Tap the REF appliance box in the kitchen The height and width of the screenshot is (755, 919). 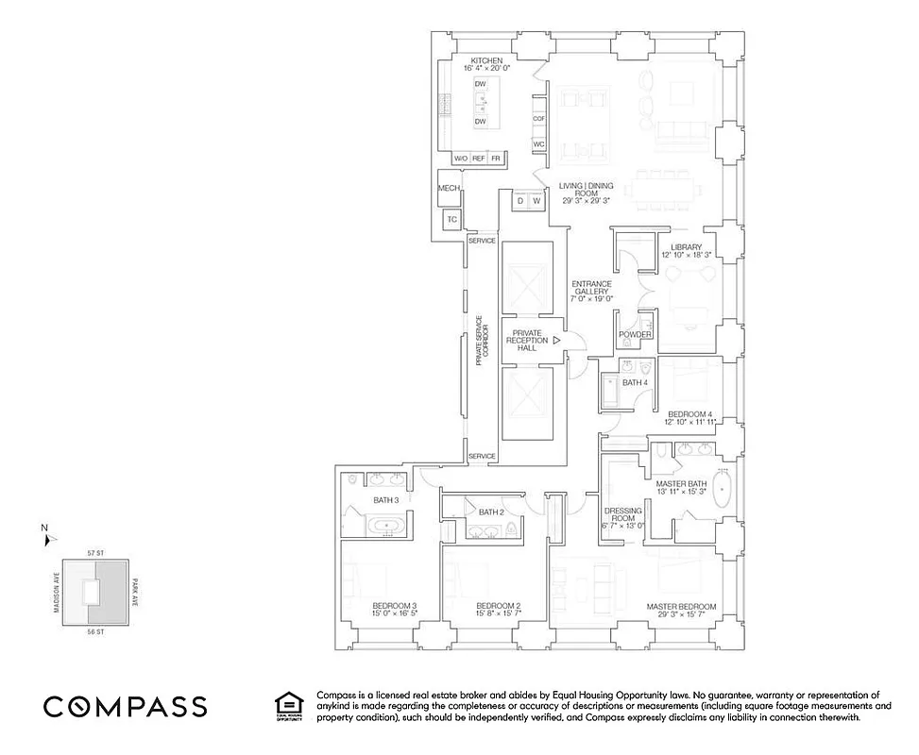pyautogui.click(x=478, y=159)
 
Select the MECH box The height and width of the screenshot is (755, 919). pyautogui.click(x=449, y=189)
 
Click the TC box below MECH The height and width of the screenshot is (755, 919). pyautogui.click(x=451, y=220)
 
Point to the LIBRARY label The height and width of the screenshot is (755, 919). pyautogui.click(x=681, y=247)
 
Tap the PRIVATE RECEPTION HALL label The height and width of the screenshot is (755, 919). pyautogui.click(x=527, y=341)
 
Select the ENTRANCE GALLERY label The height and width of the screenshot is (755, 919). pyautogui.click(x=591, y=290)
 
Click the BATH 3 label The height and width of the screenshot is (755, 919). pyautogui.click(x=385, y=500)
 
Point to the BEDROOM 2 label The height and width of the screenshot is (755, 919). pyautogui.click(x=499, y=606)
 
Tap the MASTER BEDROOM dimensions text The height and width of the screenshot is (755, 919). pyautogui.click(x=681, y=614)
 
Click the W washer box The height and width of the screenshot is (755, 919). pyautogui.click(x=536, y=201)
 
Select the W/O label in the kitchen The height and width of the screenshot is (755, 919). pyautogui.click(x=462, y=159)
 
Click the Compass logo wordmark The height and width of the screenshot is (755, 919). pyautogui.click(x=126, y=707)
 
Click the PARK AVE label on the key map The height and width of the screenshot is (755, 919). pyautogui.click(x=135, y=595)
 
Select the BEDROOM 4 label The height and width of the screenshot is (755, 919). pyautogui.click(x=689, y=414)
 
